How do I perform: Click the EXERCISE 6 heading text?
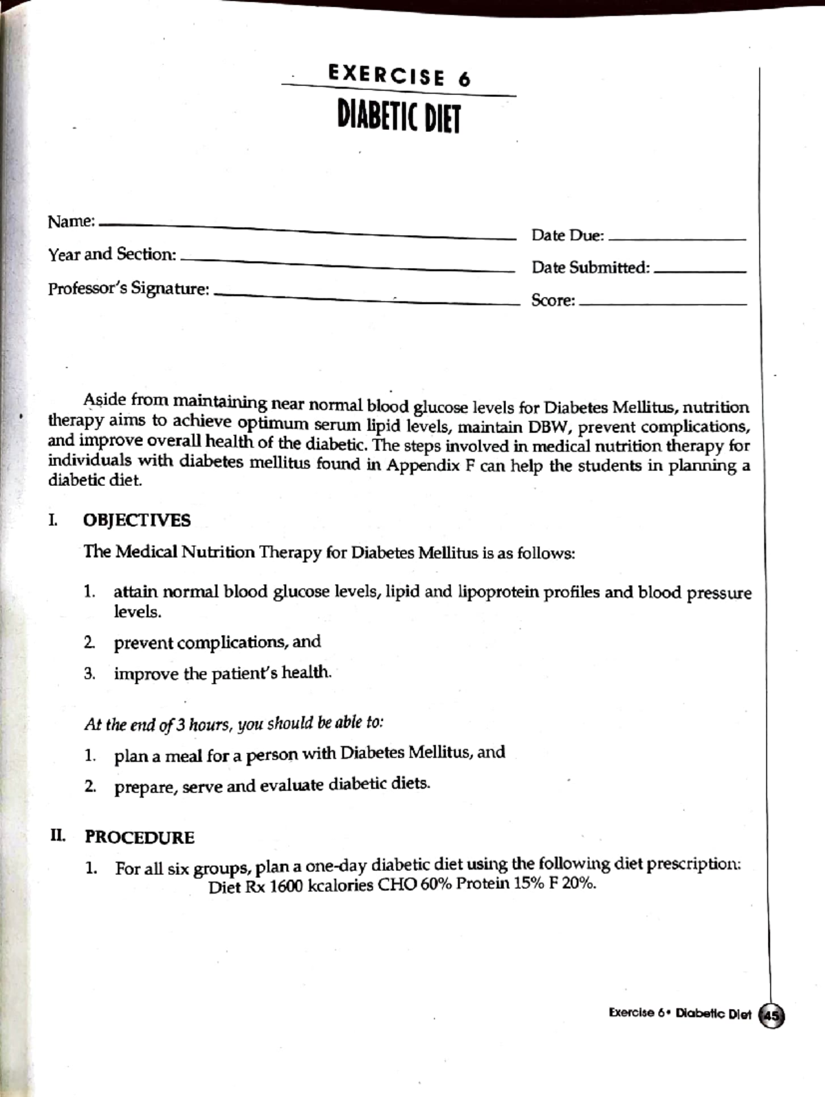pyautogui.click(x=399, y=76)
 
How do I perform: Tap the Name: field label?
pyautogui.click(x=71, y=222)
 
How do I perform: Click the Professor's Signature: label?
pyautogui.click(x=129, y=289)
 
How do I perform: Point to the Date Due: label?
pyautogui.click(x=567, y=236)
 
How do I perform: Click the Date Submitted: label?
pyautogui.click(x=590, y=267)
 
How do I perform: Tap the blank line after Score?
pyautogui.click(x=663, y=303)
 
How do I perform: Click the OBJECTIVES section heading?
pyautogui.click(x=137, y=520)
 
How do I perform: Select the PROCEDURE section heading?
pyautogui.click(x=140, y=837)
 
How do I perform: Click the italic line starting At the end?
pyautogui.click(x=234, y=724)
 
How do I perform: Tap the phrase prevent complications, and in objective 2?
pyautogui.click(x=217, y=642)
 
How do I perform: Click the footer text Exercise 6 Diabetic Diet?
pyautogui.click(x=679, y=1014)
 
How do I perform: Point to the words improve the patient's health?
pyautogui.click(x=223, y=674)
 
